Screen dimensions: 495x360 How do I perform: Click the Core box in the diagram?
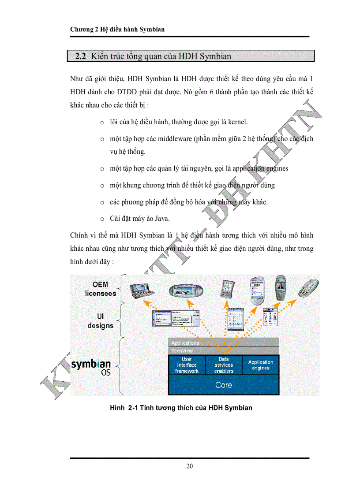coord(223,385)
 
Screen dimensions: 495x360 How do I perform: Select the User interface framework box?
coord(187,365)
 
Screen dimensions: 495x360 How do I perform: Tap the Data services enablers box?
coord(224,365)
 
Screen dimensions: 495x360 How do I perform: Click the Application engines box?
coord(260,365)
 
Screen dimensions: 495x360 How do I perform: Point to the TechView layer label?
coord(182,351)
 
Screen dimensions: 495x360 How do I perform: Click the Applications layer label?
coord(185,343)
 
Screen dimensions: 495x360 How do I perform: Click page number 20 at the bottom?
coord(189,466)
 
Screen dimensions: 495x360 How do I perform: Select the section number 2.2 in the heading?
coord(80,56)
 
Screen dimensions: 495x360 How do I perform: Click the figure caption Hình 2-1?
coord(181,408)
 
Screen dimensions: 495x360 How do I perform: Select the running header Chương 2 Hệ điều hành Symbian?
coord(117,30)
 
